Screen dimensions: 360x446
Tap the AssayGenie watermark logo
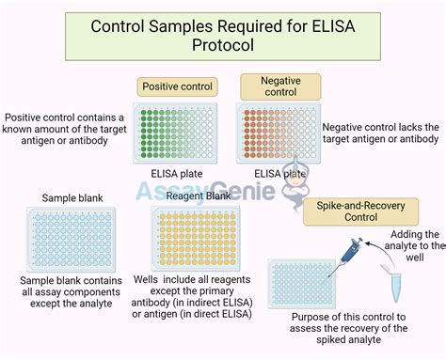pyautogui.click(x=222, y=193)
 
